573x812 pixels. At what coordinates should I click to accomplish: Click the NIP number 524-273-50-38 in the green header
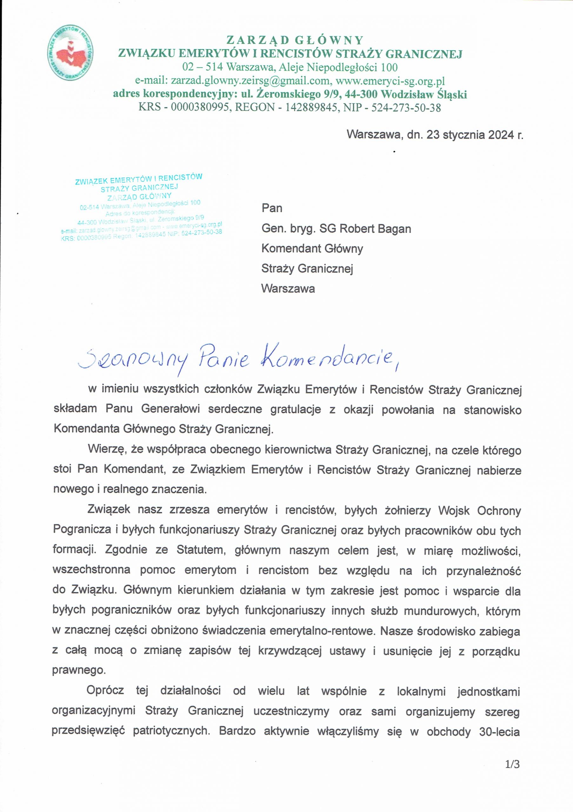coord(406,107)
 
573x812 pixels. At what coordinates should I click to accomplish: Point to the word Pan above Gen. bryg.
coord(272,208)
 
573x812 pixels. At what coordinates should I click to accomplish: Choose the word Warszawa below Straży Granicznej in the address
coord(288,289)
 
